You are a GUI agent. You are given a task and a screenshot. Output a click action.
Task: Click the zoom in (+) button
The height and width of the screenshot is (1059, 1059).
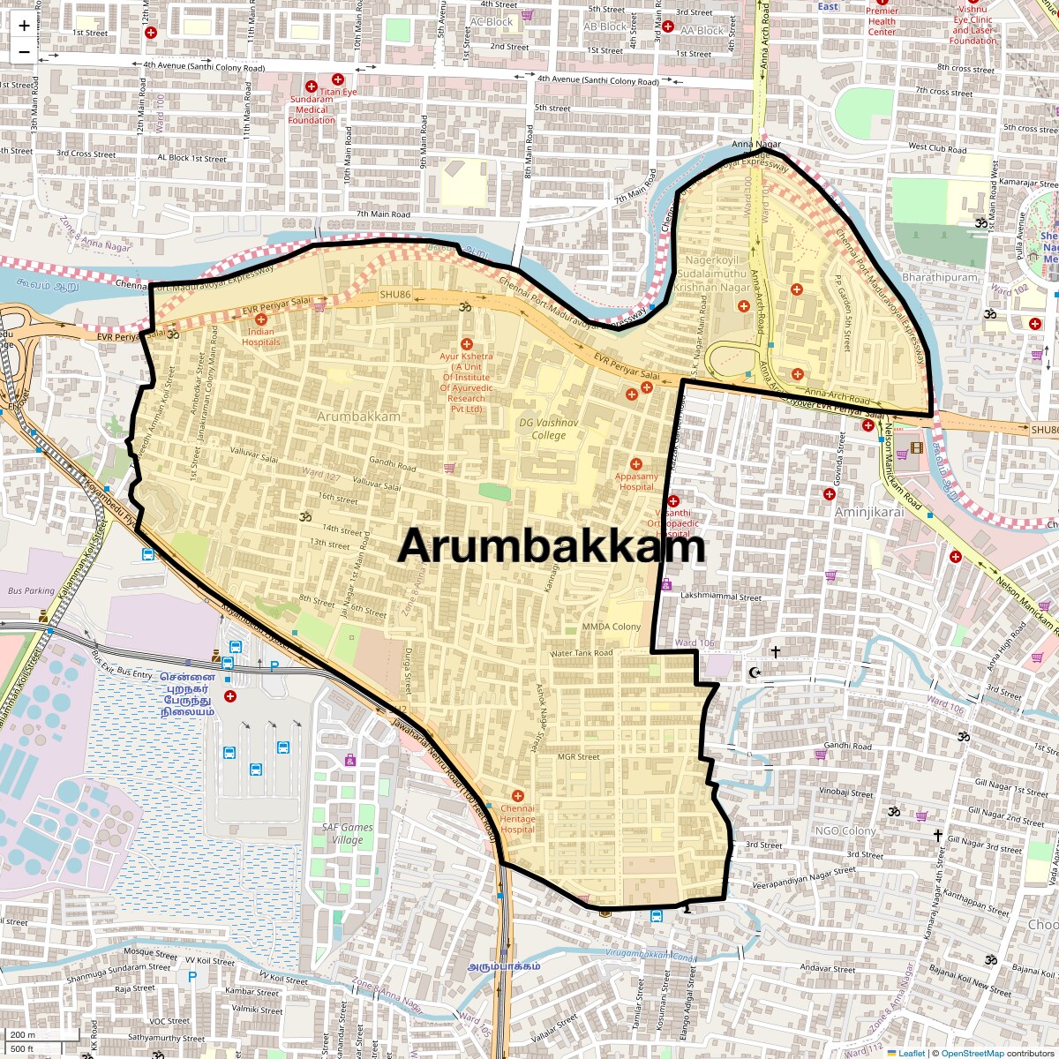pos(24,26)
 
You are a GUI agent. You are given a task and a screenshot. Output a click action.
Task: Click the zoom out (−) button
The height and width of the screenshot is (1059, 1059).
pos(24,51)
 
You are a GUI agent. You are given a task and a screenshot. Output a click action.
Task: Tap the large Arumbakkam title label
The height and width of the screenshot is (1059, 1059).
pos(551,546)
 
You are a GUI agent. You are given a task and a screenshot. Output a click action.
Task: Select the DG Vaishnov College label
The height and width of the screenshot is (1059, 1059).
pos(548,429)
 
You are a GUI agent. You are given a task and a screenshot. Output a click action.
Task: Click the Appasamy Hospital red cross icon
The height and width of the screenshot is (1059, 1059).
pos(635,464)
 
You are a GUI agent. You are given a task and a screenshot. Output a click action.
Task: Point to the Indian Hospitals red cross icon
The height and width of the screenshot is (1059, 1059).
pos(260,319)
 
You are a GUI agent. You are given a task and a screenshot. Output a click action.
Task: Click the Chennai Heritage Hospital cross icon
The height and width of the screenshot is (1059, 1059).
pos(517,796)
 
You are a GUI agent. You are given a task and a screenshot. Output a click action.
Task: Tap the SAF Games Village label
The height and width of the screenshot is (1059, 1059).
pos(347,833)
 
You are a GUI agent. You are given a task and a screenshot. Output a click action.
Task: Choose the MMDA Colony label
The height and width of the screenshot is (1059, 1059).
pos(611,627)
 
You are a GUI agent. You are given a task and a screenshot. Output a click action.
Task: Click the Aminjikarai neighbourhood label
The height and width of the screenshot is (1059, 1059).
pos(869,512)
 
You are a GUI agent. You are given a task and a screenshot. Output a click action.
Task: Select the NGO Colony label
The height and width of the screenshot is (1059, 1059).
pos(845,830)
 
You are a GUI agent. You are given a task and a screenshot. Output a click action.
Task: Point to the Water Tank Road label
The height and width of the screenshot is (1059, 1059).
pos(581,653)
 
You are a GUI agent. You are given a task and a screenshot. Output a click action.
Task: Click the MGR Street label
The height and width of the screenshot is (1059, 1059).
pos(578,756)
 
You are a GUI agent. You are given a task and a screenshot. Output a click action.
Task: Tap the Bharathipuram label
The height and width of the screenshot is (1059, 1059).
pos(940,277)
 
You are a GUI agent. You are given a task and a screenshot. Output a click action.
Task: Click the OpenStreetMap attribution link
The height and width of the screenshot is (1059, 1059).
pos(972,1053)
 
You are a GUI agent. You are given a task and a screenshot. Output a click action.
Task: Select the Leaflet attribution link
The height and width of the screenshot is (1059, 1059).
pos(912,1053)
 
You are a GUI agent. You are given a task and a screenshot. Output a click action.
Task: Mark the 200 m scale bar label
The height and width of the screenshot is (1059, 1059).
pos(23,1034)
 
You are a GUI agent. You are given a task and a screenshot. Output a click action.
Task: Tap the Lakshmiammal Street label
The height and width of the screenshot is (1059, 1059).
pos(721,597)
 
